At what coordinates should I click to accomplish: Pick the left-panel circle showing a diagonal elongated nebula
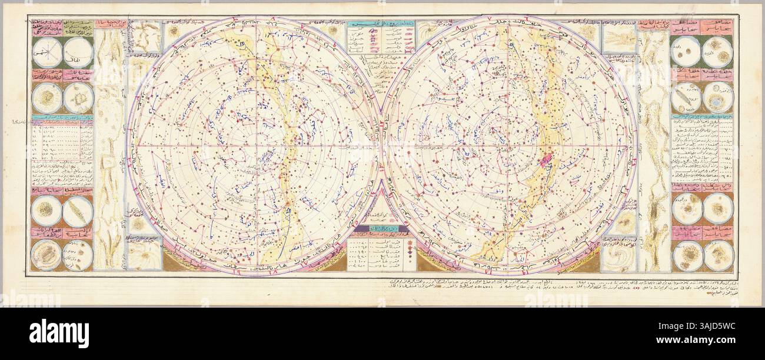[x=78, y=211]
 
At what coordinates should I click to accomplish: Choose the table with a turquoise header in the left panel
[x=62, y=138]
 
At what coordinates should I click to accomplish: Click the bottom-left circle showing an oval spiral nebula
[x=46, y=255]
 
